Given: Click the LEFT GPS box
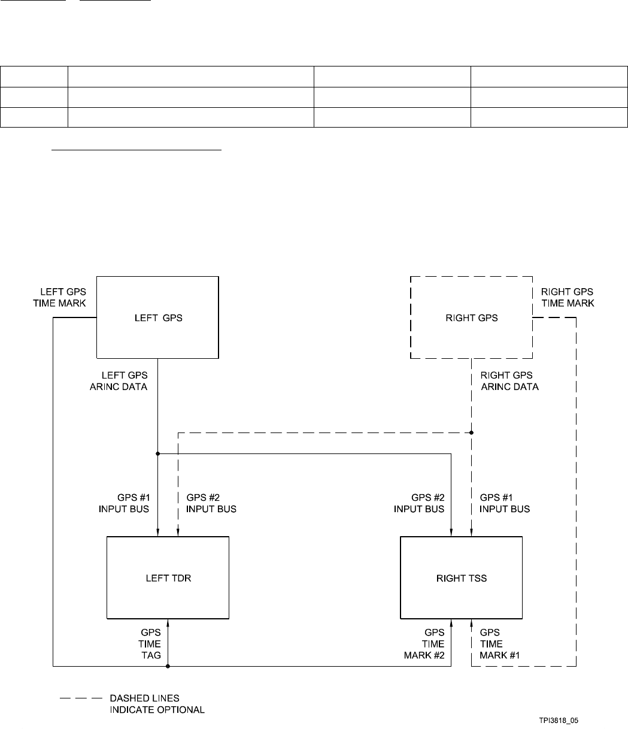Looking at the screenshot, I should point(158,317).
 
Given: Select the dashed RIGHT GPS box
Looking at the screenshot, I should point(471,317).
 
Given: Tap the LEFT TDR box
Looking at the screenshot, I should point(168,577).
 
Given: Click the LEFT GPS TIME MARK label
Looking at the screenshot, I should point(60,297).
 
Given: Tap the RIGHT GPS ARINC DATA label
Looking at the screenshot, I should point(510,380).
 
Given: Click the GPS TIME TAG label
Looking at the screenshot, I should point(150,643).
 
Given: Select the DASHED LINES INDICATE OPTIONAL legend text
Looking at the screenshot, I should point(157,704).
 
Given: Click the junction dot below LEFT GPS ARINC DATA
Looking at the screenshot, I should point(157,453).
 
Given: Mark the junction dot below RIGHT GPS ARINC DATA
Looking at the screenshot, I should point(472,431).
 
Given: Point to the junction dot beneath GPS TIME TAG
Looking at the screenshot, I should point(168,666).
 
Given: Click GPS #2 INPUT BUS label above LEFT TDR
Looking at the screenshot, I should point(211,503).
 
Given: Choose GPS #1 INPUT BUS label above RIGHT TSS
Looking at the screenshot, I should point(505,503).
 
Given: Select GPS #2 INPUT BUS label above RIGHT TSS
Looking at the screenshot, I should point(419,503).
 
